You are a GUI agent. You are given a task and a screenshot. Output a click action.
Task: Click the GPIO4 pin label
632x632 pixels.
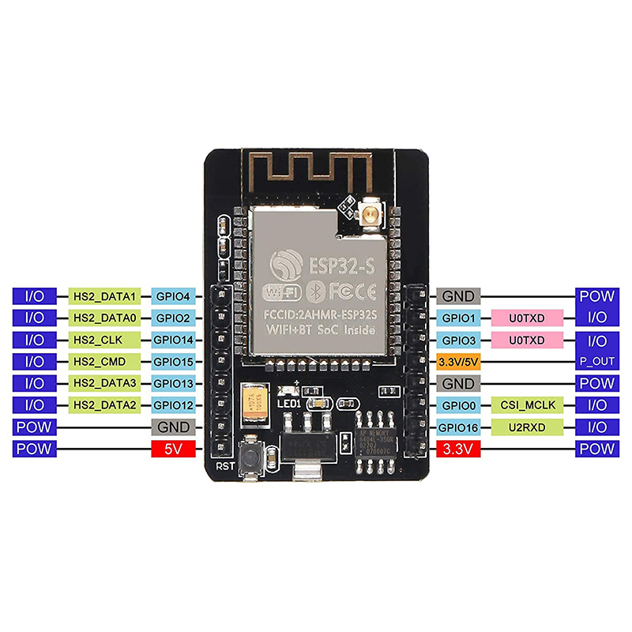coord(173,296)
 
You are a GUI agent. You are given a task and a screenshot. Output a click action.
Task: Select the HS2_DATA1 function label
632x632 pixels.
coord(105,296)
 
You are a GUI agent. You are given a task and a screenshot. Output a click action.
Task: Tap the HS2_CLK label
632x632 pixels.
coord(105,340)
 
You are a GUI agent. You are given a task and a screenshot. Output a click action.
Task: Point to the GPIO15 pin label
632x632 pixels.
coord(173,362)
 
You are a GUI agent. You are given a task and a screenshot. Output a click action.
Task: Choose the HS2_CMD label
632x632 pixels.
coord(105,362)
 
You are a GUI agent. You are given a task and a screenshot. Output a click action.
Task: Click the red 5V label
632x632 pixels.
coord(173,449)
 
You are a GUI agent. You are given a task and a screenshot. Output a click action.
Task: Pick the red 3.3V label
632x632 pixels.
coord(458,449)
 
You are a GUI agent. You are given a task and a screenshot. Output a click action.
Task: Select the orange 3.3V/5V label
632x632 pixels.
coord(458,362)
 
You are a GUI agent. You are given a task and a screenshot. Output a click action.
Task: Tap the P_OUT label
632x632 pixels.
coord(596,362)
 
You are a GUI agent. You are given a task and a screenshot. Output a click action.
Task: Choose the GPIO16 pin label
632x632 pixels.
coord(458,427)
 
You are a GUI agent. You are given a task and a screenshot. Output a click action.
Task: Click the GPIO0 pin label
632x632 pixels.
coord(458,405)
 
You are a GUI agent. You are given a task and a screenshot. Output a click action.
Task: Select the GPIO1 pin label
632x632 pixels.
coord(458,318)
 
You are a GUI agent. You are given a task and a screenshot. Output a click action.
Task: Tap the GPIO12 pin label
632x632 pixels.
coord(173,405)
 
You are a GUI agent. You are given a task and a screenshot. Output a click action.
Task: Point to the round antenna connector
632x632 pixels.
coord(368,213)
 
